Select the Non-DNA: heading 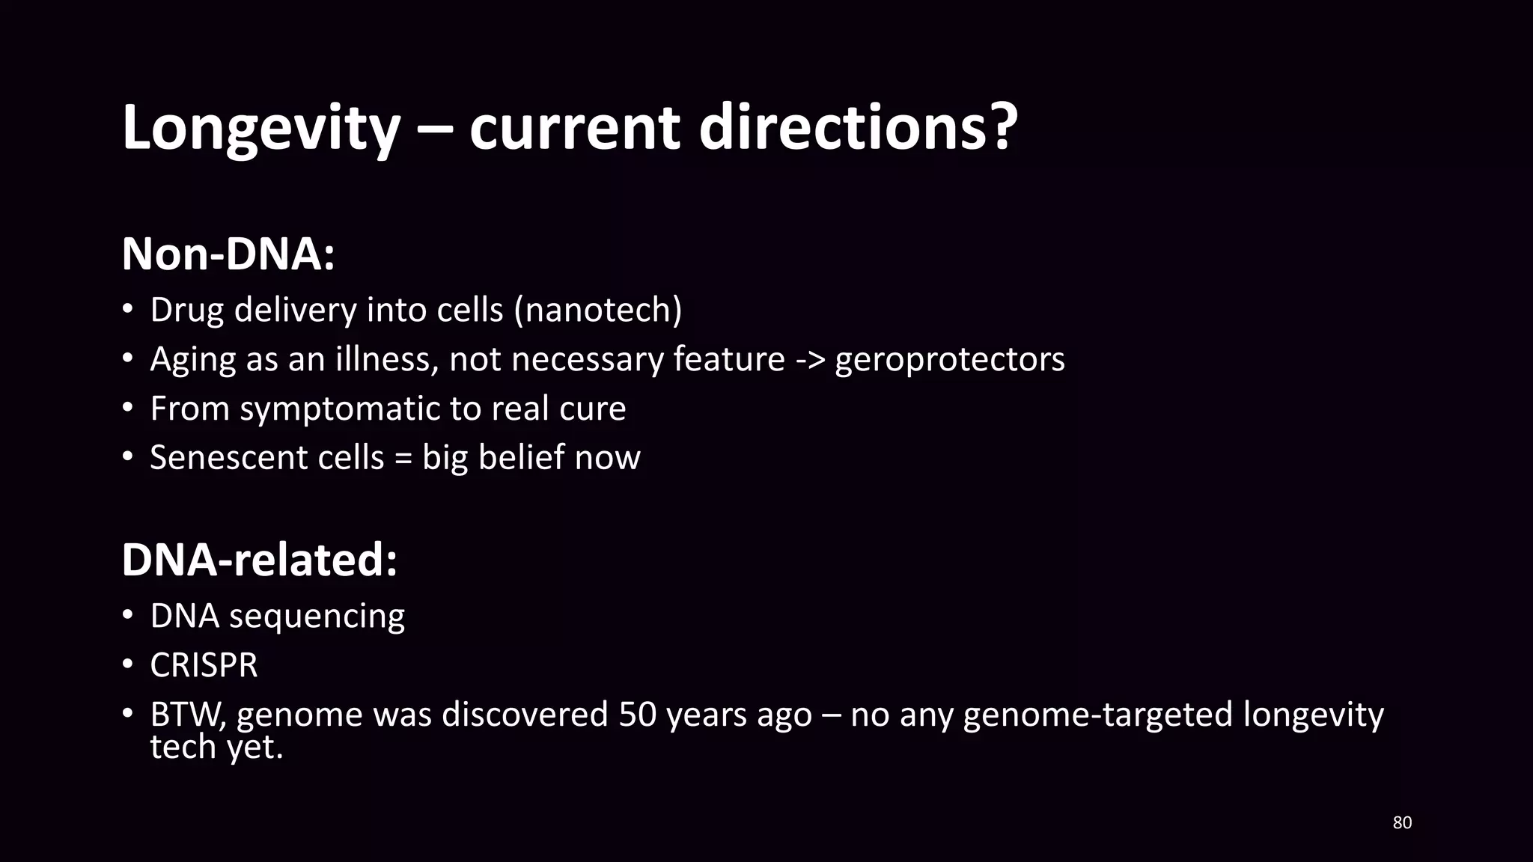228,254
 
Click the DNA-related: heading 259,560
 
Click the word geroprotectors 949,360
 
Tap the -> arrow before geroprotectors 809,360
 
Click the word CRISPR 204,665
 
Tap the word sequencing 317,617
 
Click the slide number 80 1401,823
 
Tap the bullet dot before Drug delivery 128,311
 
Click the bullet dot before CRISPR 128,665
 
